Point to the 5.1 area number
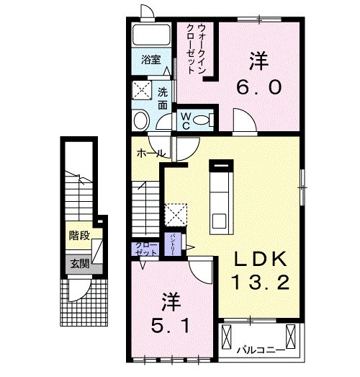coord(171,325)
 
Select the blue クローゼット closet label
coord(146,249)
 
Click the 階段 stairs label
coord(79,236)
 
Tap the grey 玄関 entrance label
coord(79,264)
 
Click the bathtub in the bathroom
coord(150,35)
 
